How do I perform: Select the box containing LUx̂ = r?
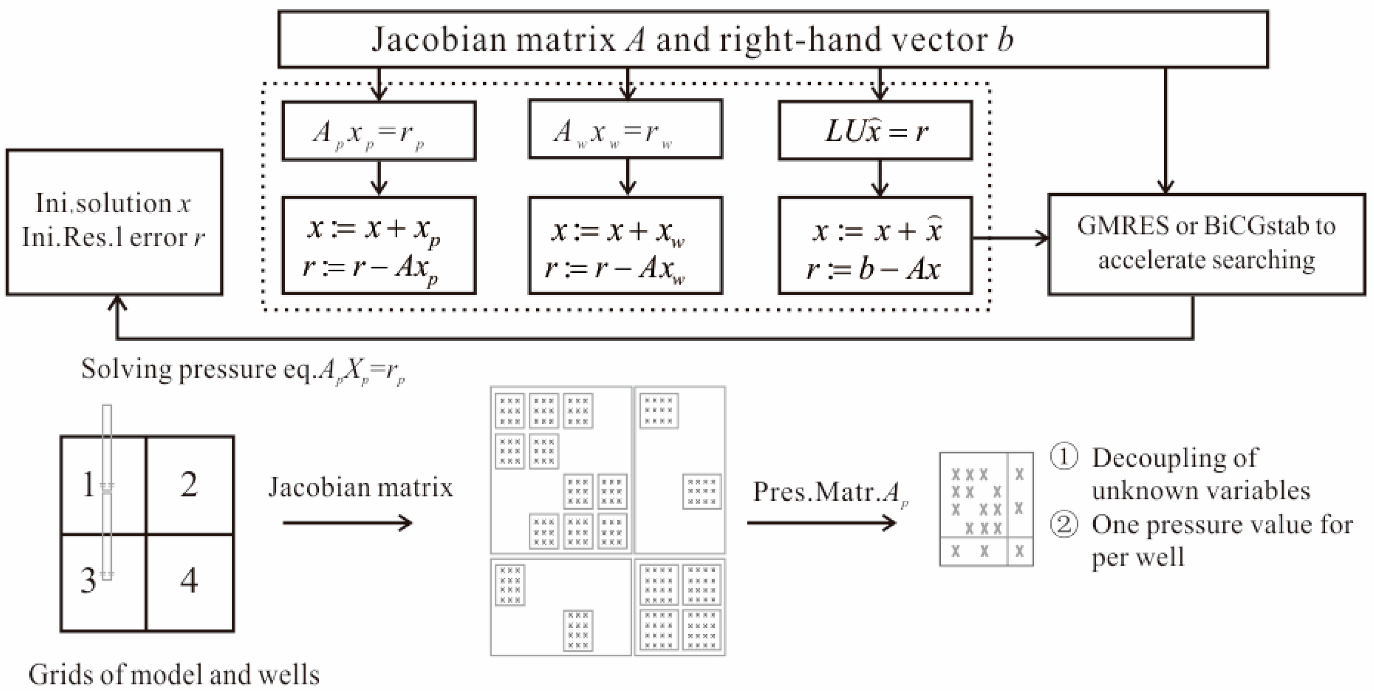(875, 131)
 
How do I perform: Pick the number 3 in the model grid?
(88, 580)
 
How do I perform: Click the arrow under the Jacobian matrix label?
(348, 522)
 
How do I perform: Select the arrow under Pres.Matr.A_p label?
(822, 522)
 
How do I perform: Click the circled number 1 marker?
(1063, 458)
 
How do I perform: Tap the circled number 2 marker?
(1063, 525)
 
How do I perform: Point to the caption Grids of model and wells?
(174, 675)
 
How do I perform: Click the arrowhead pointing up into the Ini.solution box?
(117, 303)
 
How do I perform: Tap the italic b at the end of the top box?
(1005, 40)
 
